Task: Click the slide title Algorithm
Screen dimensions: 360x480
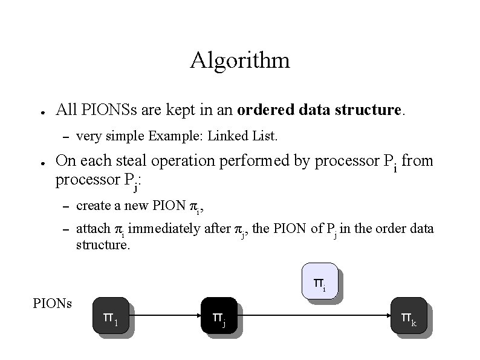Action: pos(239,61)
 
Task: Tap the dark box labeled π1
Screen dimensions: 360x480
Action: pos(110,315)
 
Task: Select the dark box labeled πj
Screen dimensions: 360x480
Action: pos(218,315)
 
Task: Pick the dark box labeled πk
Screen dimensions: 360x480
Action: pos(409,315)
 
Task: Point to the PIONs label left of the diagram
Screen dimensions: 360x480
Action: pos(52,303)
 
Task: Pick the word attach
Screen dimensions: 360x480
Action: pos(92,229)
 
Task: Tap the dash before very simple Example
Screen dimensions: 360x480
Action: pos(66,136)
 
